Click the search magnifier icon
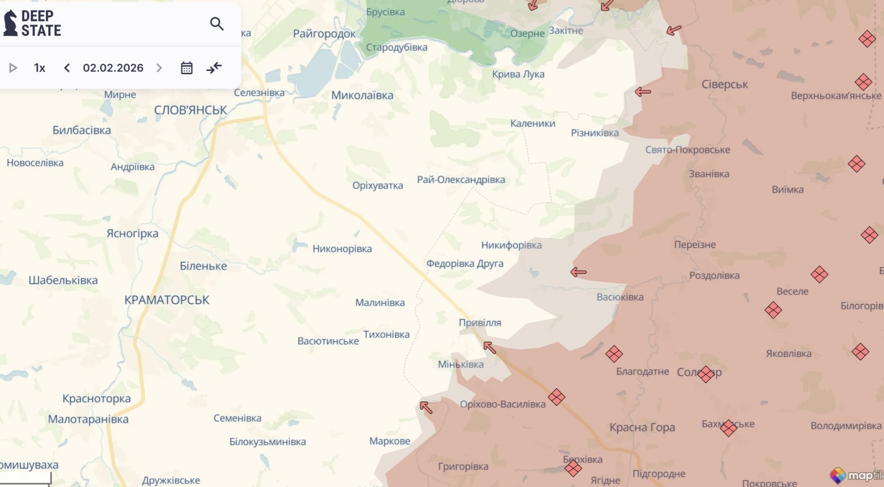click(x=216, y=24)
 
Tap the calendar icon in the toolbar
click(x=187, y=68)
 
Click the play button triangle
click(x=13, y=68)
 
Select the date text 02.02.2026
click(x=113, y=68)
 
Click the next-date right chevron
click(x=159, y=68)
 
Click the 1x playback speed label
click(x=40, y=68)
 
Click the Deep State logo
click(x=32, y=23)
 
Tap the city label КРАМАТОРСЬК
click(x=167, y=300)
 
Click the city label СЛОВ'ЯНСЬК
click(x=190, y=110)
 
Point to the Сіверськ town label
click(x=724, y=84)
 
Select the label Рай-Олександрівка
click(x=461, y=179)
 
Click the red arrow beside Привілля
click(x=490, y=348)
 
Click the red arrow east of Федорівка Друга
click(x=578, y=272)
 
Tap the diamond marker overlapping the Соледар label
click(x=705, y=374)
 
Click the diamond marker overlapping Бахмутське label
click(x=728, y=428)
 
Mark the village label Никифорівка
click(x=511, y=245)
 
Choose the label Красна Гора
click(x=642, y=427)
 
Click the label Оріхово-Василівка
click(x=502, y=404)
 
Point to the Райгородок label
click(x=324, y=34)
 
